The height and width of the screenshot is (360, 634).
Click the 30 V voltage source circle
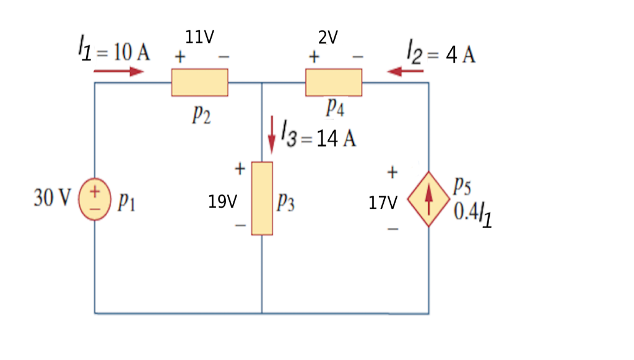click(x=95, y=200)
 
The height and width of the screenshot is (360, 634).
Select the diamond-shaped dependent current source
click(x=428, y=200)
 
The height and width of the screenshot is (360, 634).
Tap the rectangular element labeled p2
click(x=199, y=82)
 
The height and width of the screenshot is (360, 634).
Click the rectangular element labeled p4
click(x=333, y=82)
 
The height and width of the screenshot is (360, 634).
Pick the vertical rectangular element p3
click(x=262, y=198)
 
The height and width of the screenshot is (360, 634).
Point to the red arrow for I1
click(x=118, y=71)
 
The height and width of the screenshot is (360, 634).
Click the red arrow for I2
click(x=406, y=72)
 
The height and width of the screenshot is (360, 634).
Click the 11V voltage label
click(x=199, y=38)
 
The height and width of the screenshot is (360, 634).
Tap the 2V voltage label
click(x=328, y=38)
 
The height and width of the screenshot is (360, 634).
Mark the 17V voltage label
click(x=383, y=203)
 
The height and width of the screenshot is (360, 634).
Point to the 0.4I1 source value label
click(x=473, y=214)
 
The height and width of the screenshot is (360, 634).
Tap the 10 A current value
click(x=131, y=53)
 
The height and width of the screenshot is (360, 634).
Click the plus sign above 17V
click(x=393, y=171)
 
